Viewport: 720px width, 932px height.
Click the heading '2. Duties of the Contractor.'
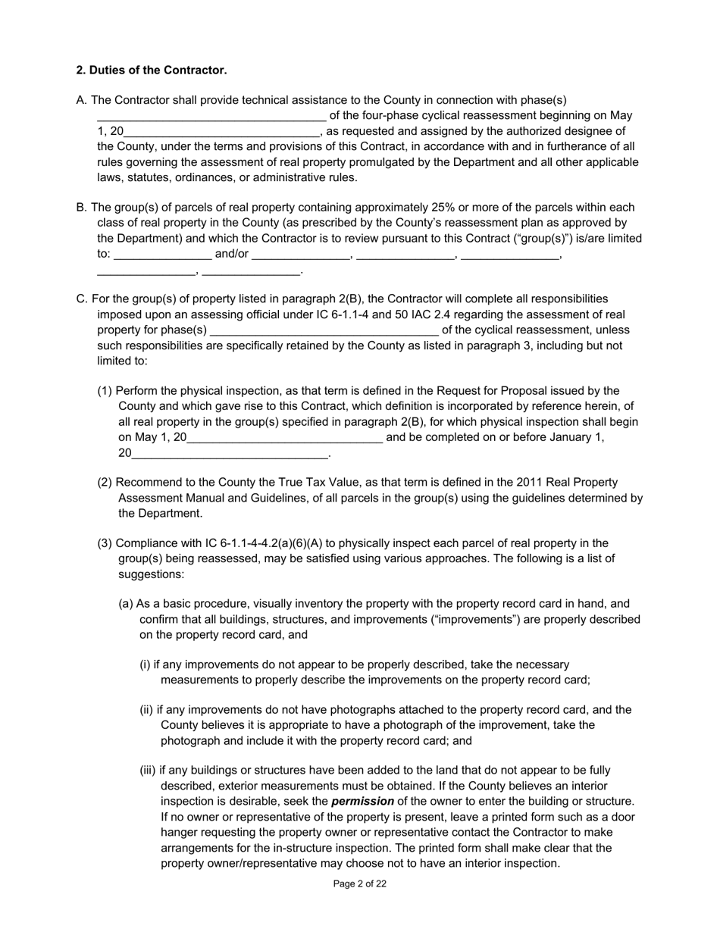tap(151, 70)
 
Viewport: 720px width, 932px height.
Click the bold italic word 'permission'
tap(362, 801)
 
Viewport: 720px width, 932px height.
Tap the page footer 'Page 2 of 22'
tap(360, 884)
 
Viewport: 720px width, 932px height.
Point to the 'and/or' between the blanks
tap(232, 254)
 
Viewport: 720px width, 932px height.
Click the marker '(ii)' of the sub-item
tap(146, 709)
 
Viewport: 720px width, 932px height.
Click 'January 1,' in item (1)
tap(579, 437)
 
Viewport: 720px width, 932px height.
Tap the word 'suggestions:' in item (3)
tap(152, 574)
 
